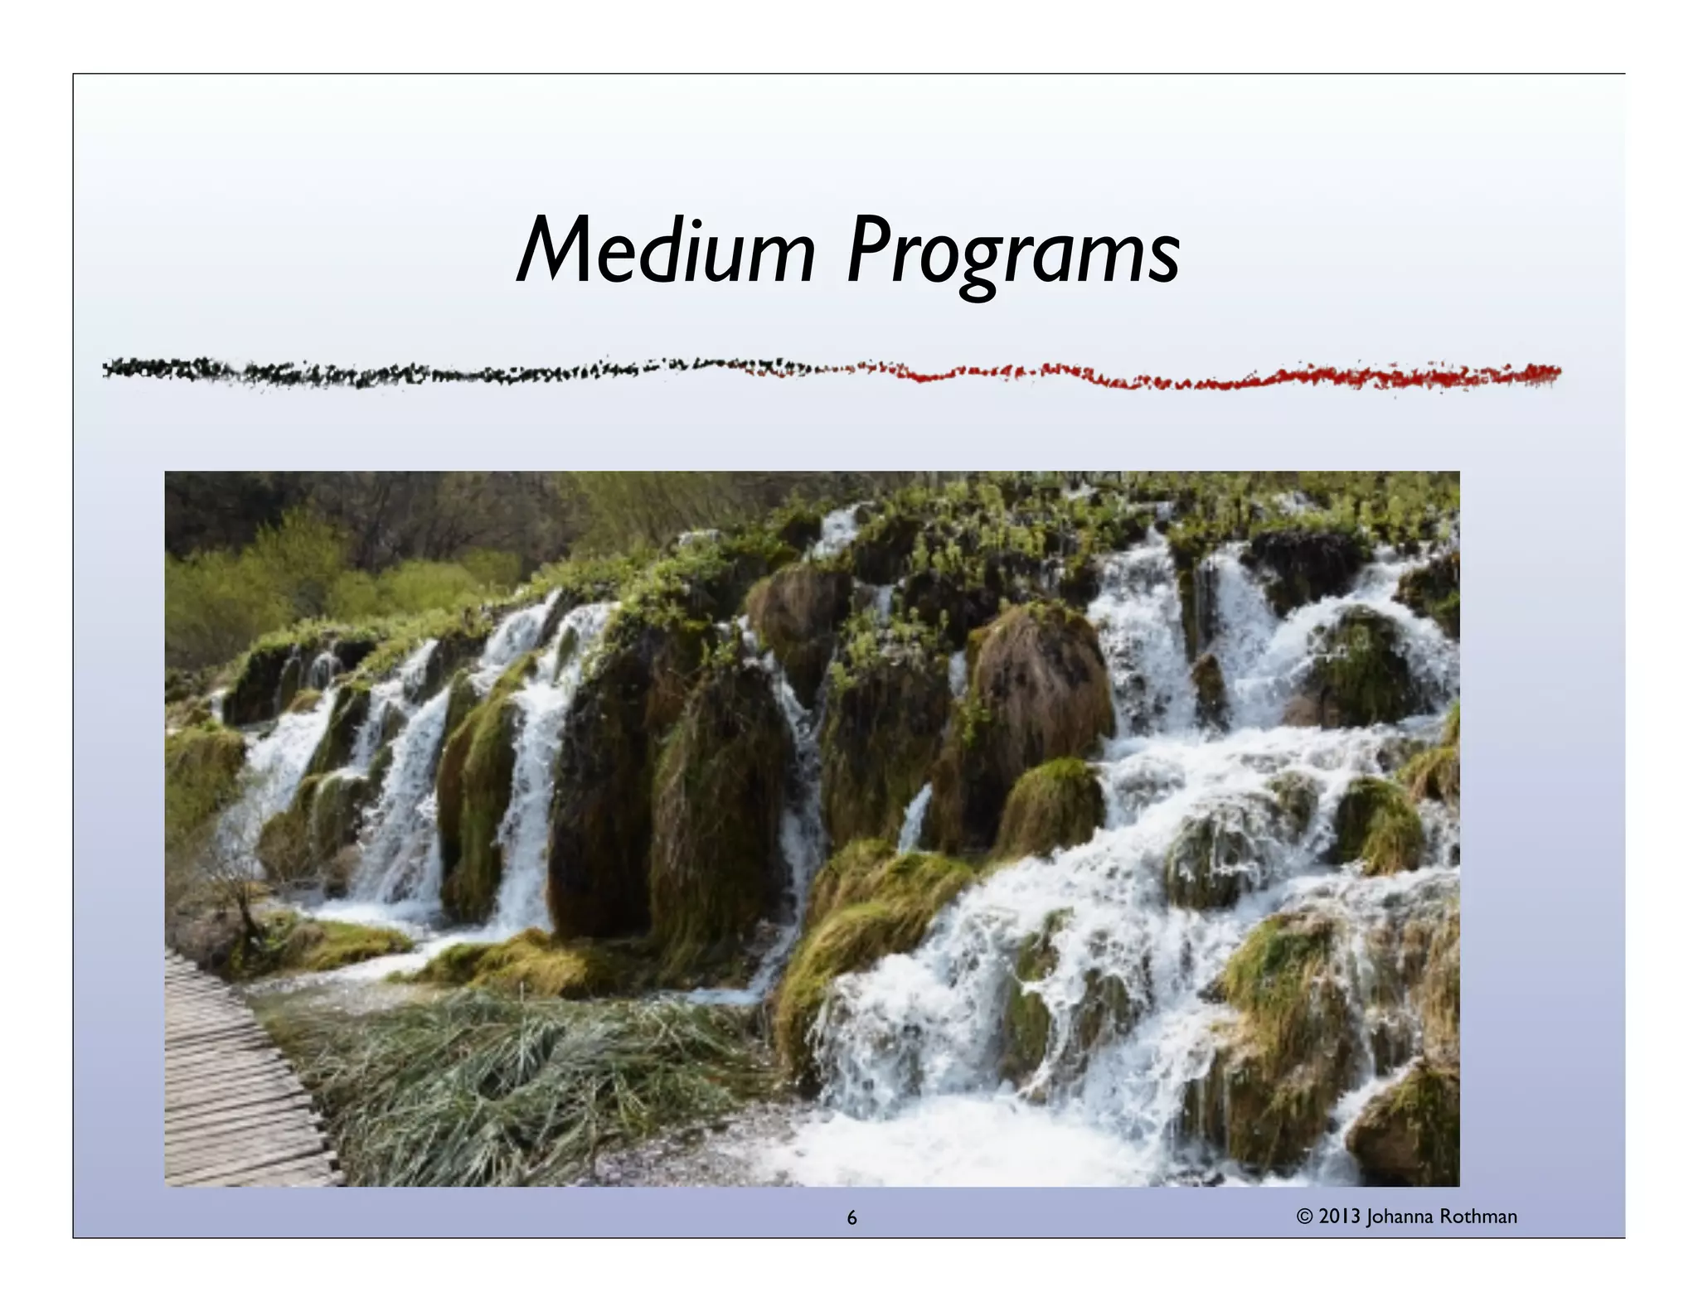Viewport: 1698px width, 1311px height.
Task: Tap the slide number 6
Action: (851, 1217)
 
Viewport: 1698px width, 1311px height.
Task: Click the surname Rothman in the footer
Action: (1479, 1217)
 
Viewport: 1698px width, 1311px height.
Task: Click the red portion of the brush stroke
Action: (1244, 378)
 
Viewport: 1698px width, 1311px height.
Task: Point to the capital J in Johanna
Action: (1371, 1217)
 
